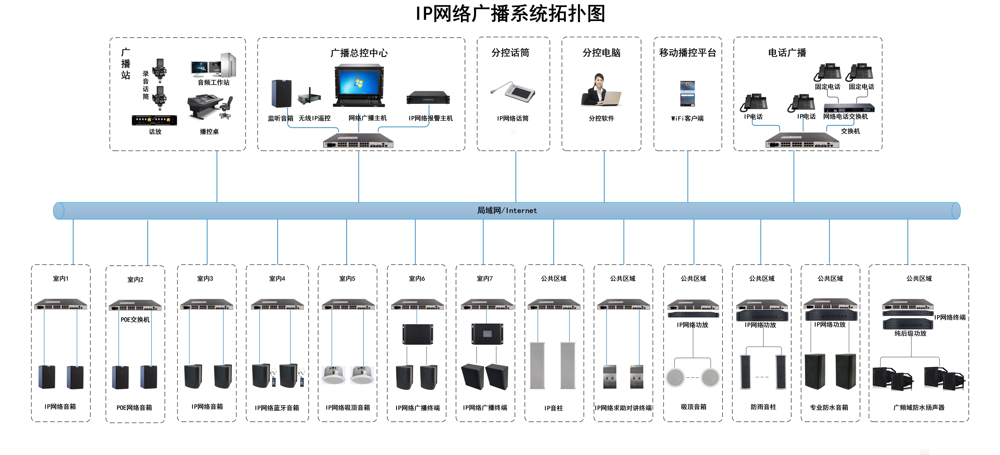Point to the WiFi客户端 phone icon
click(687, 93)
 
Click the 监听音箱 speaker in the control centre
click(281, 93)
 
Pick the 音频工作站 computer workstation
click(213, 65)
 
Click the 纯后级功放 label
click(910, 333)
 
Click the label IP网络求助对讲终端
click(623, 408)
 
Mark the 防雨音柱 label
click(763, 407)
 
